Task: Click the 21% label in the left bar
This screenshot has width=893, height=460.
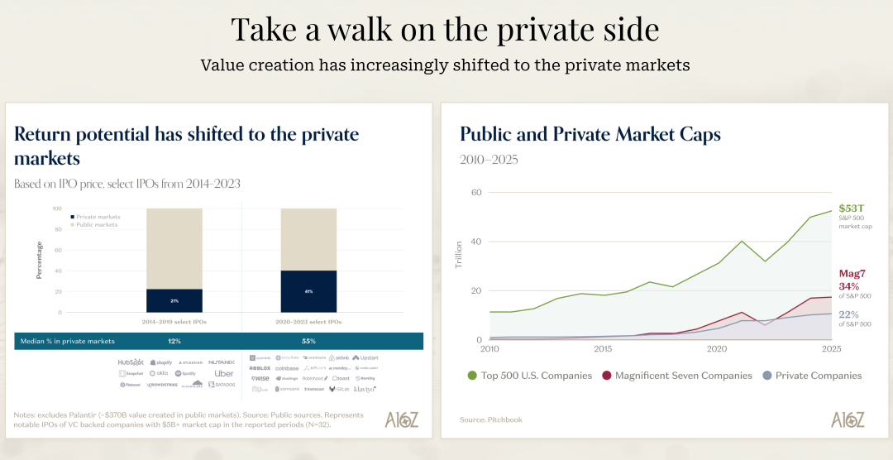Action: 174,300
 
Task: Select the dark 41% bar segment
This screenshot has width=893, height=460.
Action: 308,291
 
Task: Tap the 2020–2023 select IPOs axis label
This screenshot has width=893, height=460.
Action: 308,322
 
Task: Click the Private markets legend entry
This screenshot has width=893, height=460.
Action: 96,217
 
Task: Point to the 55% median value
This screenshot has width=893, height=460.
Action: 308,341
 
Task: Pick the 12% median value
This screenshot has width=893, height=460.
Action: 174,341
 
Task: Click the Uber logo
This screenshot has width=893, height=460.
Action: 224,373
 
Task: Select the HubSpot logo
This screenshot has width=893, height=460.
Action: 131,362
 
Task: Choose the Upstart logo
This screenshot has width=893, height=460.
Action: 366,357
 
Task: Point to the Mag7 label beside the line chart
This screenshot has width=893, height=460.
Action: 852,273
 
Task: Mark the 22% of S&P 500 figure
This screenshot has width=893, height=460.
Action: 848,314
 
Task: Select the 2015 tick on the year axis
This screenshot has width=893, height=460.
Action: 603,350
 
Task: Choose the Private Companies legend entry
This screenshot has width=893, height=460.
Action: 814,376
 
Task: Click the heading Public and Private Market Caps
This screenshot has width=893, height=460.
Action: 590,134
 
